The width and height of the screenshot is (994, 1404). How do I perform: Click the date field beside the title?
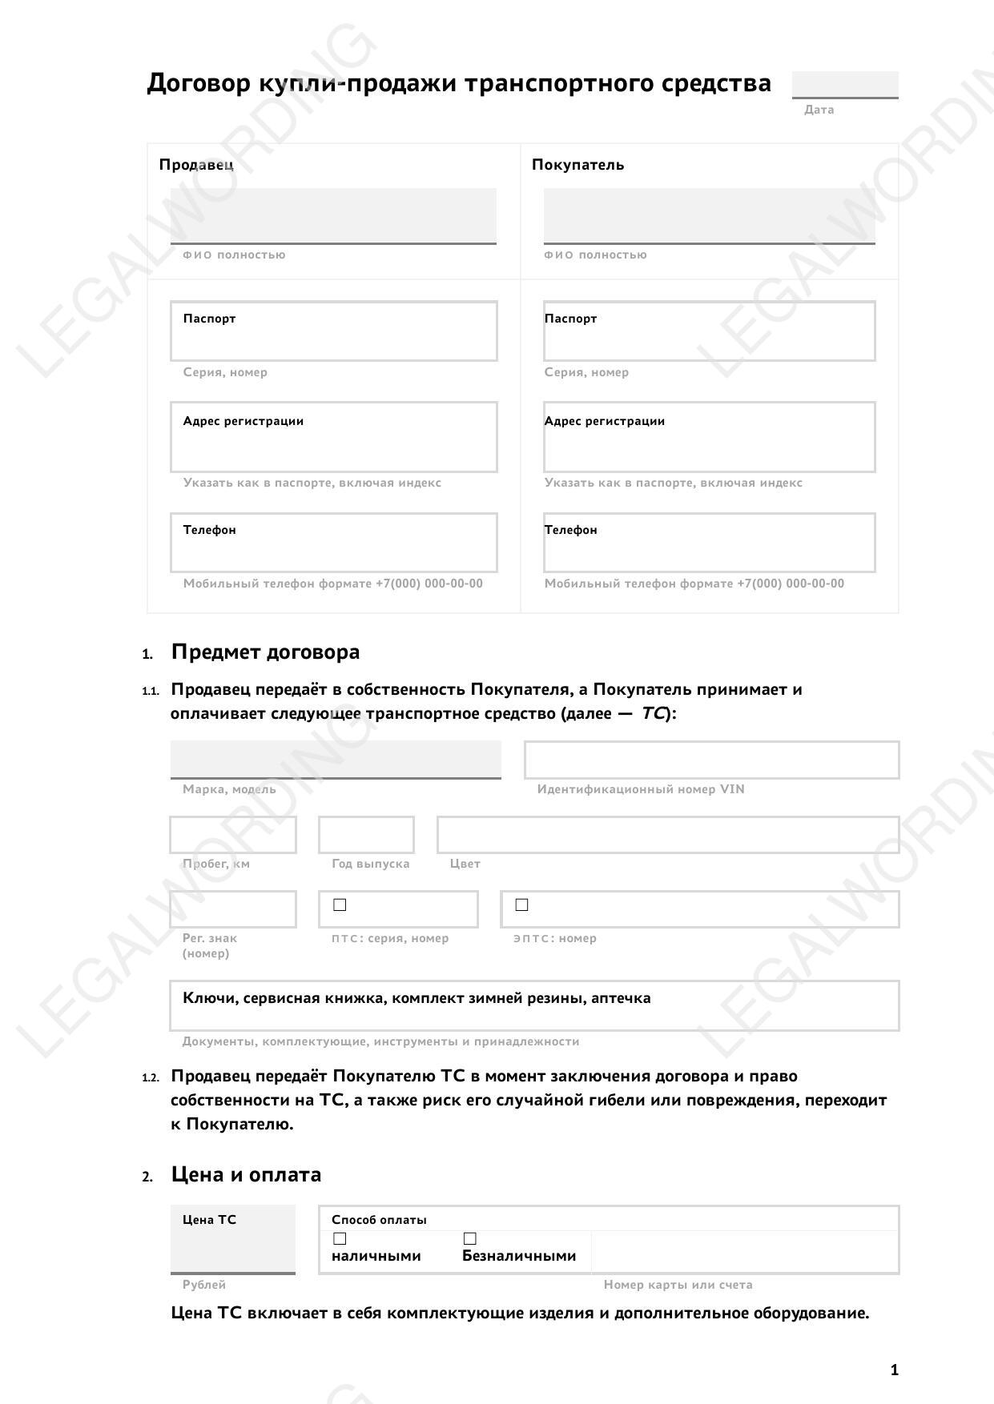pyautogui.click(x=845, y=84)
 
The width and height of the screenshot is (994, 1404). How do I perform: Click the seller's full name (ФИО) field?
pyautogui.click(x=333, y=215)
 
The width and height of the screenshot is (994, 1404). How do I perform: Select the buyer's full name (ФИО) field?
pyautogui.click(x=709, y=215)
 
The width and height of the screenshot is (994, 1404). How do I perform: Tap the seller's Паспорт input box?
pyautogui.click(x=333, y=331)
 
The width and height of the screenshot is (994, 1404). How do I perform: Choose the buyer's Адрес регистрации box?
pyautogui.click(x=709, y=438)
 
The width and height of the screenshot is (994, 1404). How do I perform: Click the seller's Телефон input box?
pyautogui.click(x=333, y=544)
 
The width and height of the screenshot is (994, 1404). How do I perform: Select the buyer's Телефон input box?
pyautogui.click(x=709, y=544)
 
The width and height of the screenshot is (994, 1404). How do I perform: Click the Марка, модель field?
pyautogui.click(x=336, y=759)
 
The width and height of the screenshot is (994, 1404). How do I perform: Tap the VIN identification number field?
pyautogui.click(x=711, y=760)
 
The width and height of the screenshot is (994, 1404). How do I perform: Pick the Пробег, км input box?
pyautogui.click(x=233, y=835)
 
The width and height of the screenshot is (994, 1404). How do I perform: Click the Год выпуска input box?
pyautogui.click(x=366, y=835)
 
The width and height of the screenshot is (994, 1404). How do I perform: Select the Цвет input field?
pyautogui.click(x=668, y=835)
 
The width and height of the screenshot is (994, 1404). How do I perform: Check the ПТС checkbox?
pyautogui.click(x=340, y=905)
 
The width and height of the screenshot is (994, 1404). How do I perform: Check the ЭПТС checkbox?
pyautogui.click(x=521, y=905)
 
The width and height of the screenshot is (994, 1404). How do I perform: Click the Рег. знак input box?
pyautogui.click(x=233, y=909)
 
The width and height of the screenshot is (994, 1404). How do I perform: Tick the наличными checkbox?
pyautogui.click(x=340, y=1238)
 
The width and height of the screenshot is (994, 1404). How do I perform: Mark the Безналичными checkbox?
pyautogui.click(x=470, y=1238)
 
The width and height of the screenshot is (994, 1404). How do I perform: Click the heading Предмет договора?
pyautogui.click(x=265, y=652)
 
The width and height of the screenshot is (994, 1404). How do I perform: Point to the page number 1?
pyautogui.click(x=894, y=1370)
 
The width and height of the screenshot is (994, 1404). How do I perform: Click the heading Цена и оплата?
pyautogui.click(x=246, y=1174)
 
